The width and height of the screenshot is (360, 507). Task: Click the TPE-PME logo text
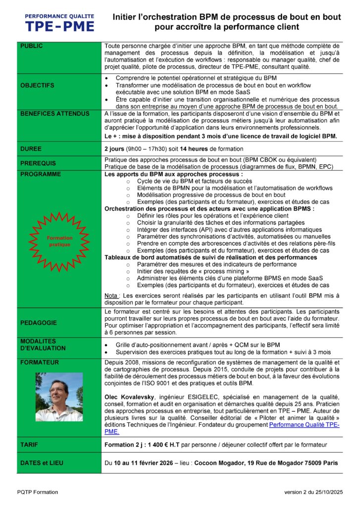point(59,26)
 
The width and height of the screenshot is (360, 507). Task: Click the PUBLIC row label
point(32,46)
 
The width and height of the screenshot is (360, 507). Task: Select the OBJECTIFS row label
point(38,85)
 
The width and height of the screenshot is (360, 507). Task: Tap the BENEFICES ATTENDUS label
point(54,113)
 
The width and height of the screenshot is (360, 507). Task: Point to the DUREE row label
point(31,149)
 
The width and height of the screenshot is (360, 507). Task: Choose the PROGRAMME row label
point(41,174)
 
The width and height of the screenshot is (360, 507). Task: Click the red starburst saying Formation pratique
point(59,241)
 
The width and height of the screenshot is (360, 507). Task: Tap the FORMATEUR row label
point(40,362)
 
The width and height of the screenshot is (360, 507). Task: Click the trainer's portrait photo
point(59,397)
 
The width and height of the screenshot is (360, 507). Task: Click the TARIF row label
point(30,445)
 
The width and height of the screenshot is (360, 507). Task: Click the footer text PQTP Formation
point(37,492)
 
